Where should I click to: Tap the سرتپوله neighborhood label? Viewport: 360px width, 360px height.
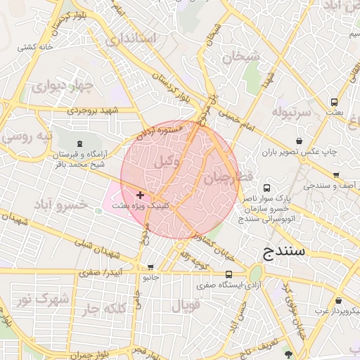tap(291, 112)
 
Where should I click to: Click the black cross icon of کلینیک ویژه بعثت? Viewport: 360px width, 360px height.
tap(141, 194)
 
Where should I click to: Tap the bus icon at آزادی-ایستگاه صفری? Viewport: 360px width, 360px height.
tap(229, 274)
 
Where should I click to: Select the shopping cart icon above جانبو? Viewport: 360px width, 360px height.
tap(150, 268)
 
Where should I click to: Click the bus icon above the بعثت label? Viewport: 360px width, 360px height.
tap(335, 101)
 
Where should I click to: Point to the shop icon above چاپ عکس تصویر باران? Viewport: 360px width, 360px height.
tap(300, 141)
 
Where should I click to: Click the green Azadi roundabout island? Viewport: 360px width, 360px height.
tap(255, 273)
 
